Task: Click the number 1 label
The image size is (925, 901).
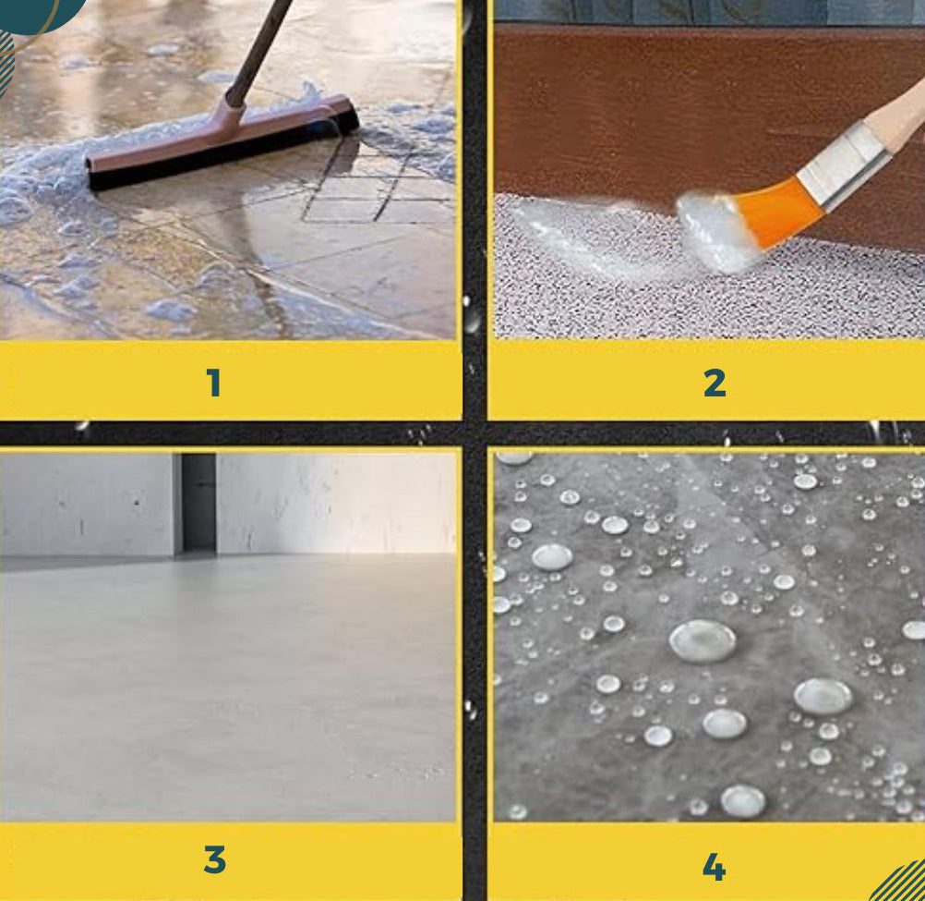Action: (214, 383)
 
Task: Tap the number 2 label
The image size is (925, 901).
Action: (715, 383)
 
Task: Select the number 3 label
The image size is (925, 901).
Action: (215, 859)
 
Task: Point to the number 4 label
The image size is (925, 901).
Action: (714, 868)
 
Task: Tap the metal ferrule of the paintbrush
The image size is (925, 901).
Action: (845, 166)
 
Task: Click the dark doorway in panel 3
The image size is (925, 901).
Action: (198, 503)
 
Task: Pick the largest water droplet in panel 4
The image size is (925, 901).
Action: (702, 640)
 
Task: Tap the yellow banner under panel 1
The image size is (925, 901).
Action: (230, 381)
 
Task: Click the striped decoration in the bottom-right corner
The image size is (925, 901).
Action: (900, 883)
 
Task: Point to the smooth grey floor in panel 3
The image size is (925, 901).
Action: (229, 685)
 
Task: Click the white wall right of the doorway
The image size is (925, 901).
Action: (336, 503)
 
